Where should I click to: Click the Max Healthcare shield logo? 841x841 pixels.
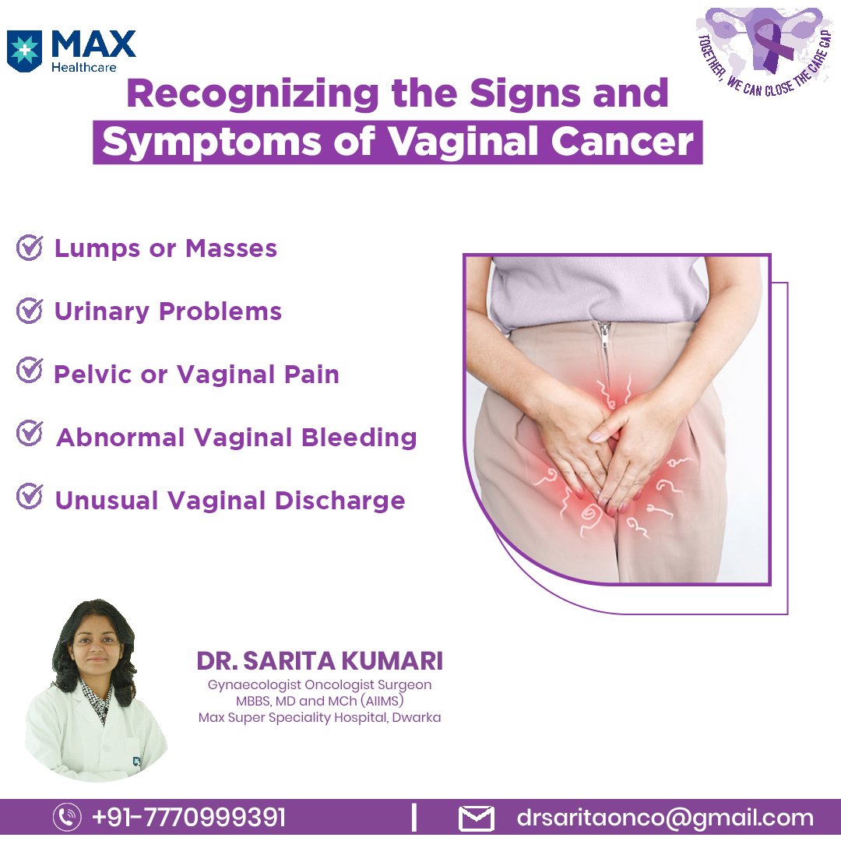click(x=23, y=51)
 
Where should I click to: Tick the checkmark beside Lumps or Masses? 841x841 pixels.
click(x=29, y=248)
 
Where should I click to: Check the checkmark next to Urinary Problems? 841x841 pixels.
click(x=29, y=311)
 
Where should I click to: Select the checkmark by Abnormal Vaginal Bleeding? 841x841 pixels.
click(x=29, y=434)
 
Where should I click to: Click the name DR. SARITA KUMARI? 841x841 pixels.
click(x=319, y=661)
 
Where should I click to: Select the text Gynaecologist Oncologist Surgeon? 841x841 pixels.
click(x=319, y=685)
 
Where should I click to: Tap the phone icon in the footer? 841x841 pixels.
click(x=67, y=818)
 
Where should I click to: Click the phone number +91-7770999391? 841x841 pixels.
click(x=188, y=818)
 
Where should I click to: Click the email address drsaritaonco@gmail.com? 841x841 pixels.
click(x=665, y=818)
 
